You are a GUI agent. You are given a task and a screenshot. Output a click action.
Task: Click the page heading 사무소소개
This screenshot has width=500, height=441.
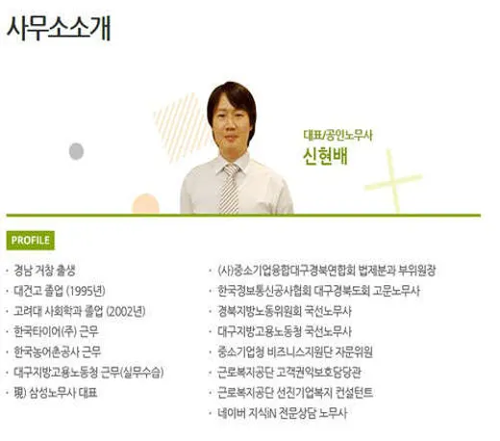click(x=59, y=28)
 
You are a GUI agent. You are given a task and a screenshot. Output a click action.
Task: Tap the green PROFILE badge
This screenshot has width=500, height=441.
click(x=31, y=240)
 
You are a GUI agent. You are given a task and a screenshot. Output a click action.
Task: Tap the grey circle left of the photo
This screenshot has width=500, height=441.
click(x=77, y=151)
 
